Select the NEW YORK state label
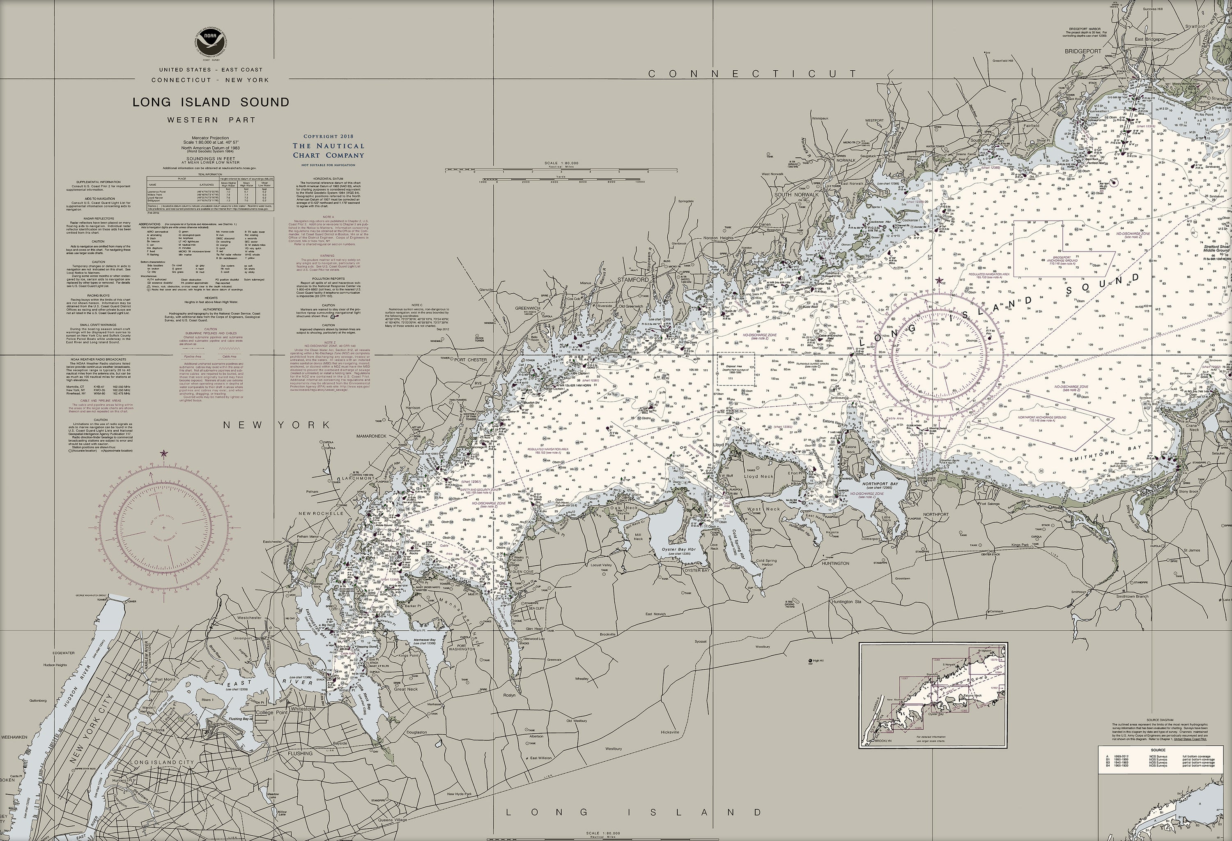coord(277,425)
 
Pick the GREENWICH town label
coord(527,308)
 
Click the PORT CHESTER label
coord(470,360)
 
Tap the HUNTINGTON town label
coord(835,564)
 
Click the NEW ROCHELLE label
coord(321,513)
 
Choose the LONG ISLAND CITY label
coord(162,763)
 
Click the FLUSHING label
coord(300,753)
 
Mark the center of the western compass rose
coord(164,528)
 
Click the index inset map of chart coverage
coord(933,695)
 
